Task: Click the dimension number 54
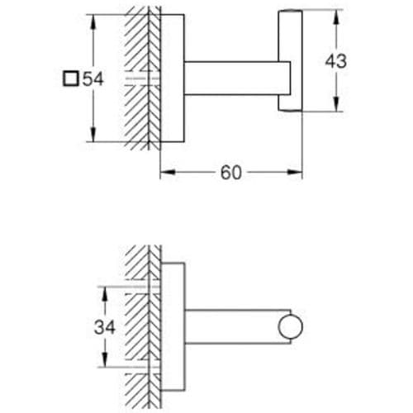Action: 93,78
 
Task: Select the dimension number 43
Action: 336,61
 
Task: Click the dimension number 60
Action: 231,173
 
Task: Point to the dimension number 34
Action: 105,327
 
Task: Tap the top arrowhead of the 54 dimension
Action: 93,21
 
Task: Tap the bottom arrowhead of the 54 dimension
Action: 93,135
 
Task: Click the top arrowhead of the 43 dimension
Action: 336,17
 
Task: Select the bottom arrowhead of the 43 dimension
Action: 336,104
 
